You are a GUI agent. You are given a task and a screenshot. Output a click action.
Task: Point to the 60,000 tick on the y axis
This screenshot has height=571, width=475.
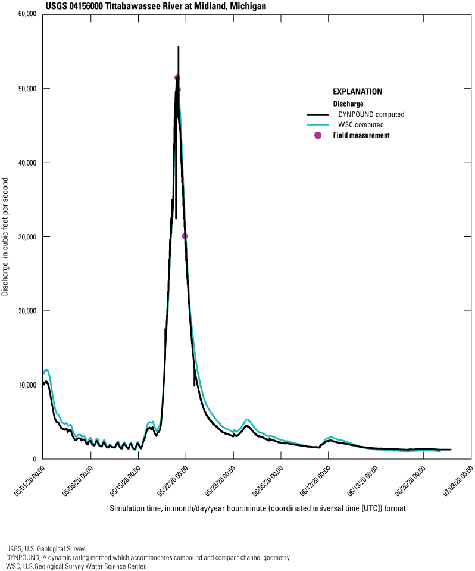[27, 14]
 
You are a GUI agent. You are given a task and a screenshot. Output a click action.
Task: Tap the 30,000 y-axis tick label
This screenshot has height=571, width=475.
[27, 237]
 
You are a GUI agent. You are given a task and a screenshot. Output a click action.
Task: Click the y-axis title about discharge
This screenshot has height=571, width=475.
[5, 236]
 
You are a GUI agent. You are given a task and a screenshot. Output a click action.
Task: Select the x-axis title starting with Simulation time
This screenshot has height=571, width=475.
[258, 509]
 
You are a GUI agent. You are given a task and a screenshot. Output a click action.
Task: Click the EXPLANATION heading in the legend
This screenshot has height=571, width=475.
[357, 92]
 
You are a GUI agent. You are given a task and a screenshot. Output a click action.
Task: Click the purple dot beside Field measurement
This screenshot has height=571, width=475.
[318, 136]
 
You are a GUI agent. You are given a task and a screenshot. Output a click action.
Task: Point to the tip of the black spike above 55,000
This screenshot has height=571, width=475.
[178, 46]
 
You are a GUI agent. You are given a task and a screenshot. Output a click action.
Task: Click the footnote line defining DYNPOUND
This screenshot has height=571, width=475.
[148, 558]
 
